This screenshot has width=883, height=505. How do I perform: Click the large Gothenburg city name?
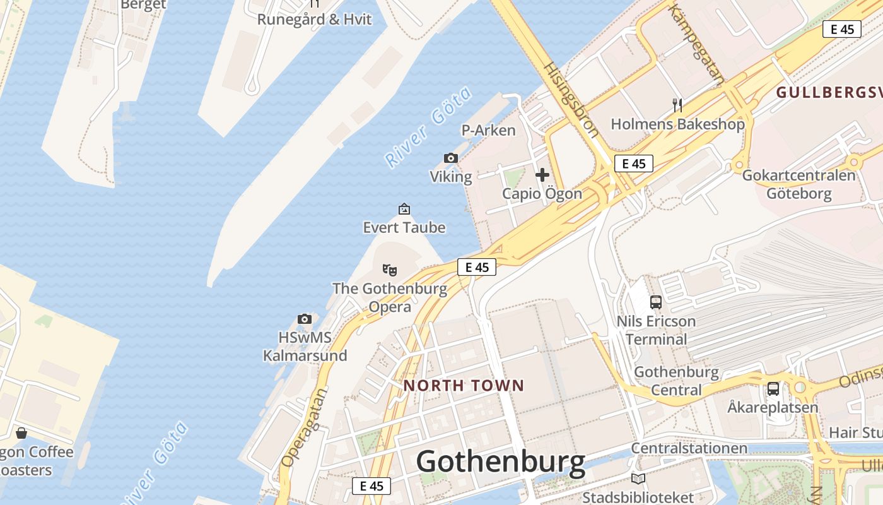(501, 461)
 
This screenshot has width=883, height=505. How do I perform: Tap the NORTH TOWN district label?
(464, 386)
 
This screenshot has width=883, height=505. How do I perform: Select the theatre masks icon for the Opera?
(390, 270)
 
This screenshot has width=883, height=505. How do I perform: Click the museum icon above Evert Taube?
(404, 209)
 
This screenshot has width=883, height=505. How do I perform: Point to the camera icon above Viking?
(450, 158)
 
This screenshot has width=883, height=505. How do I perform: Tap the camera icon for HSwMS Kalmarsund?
(305, 319)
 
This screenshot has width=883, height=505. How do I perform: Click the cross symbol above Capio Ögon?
(542, 175)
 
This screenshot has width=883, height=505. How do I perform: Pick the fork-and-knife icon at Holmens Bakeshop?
(677, 105)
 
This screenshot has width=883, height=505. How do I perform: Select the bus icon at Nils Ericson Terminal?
(656, 302)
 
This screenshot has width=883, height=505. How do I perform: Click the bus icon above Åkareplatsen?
(773, 389)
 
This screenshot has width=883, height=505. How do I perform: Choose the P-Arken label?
(489, 131)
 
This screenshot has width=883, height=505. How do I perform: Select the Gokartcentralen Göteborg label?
(798, 184)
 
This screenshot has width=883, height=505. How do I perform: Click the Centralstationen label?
(689, 449)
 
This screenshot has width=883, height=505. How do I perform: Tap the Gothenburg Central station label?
(676, 381)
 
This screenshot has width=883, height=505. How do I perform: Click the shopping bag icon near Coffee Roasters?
(21, 433)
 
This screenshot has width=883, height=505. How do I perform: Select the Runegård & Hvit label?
(314, 20)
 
